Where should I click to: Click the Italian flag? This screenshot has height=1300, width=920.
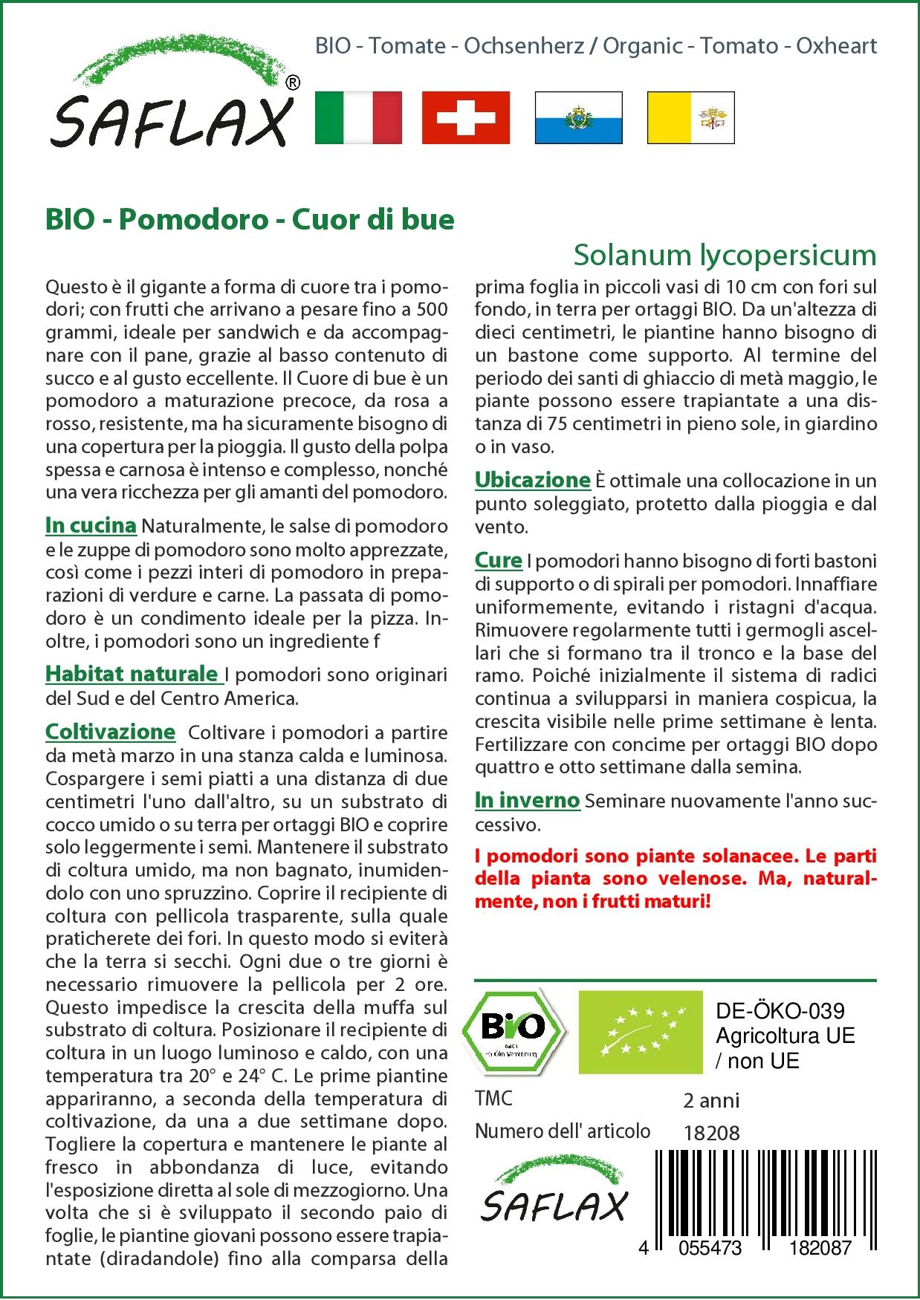[x=358, y=117]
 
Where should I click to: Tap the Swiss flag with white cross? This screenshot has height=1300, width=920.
[x=466, y=117]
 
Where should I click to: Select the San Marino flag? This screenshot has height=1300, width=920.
[x=578, y=117]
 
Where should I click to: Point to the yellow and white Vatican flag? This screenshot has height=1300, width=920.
[x=690, y=117]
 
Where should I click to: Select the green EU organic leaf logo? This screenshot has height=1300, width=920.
[x=641, y=1032]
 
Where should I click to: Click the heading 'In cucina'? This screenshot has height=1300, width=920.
[x=91, y=526]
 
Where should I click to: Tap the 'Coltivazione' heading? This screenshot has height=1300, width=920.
[x=110, y=732]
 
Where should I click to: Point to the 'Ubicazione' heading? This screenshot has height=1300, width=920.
[x=532, y=480]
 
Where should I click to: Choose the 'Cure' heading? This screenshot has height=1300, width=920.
[x=498, y=561]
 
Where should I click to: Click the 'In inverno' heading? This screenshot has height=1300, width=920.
[x=527, y=800]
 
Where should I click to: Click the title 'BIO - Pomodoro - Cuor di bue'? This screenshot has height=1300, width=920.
[x=250, y=220]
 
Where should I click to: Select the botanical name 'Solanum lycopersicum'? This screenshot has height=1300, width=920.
[x=725, y=255]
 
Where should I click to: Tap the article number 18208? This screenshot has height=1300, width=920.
[x=711, y=1133]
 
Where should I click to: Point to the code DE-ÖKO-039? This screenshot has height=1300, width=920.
[x=780, y=1011]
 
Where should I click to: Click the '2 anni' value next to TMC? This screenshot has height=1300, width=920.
[x=711, y=1100]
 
